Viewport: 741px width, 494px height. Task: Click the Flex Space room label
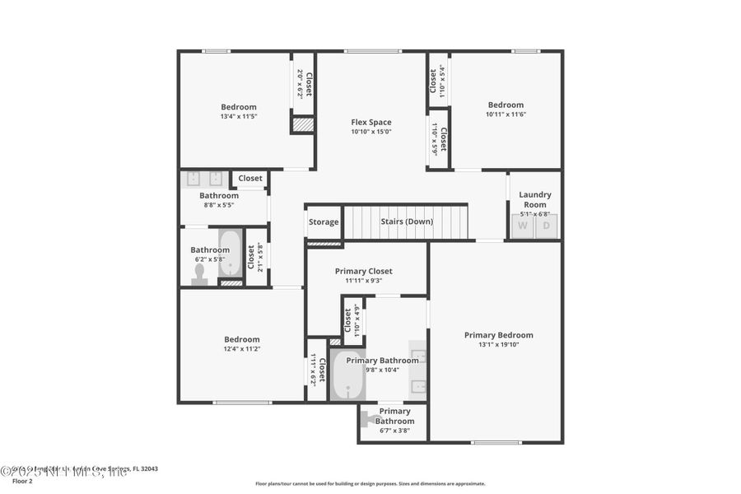[x=371, y=122]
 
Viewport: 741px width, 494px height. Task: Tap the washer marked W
[x=523, y=226]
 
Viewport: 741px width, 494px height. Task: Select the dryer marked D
[x=547, y=226]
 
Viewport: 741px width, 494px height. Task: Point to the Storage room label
[x=324, y=222]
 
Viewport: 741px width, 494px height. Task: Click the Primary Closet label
[x=363, y=271]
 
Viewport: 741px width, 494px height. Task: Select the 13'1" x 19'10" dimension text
[x=498, y=345]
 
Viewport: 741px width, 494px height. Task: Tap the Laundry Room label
[x=535, y=199]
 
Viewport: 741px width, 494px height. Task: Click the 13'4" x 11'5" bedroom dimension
[x=239, y=117]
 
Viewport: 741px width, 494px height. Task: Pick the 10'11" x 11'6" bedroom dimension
[x=506, y=114]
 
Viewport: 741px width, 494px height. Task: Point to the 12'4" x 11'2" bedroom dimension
[x=242, y=349]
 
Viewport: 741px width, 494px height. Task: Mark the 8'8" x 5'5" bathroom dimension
[x=219, y=205]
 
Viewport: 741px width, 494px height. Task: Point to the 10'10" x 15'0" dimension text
[x=371, y=132]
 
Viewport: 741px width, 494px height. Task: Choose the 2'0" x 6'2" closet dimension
[x=300, y=83]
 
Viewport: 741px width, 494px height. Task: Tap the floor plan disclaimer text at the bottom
[x=370, y=484]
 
